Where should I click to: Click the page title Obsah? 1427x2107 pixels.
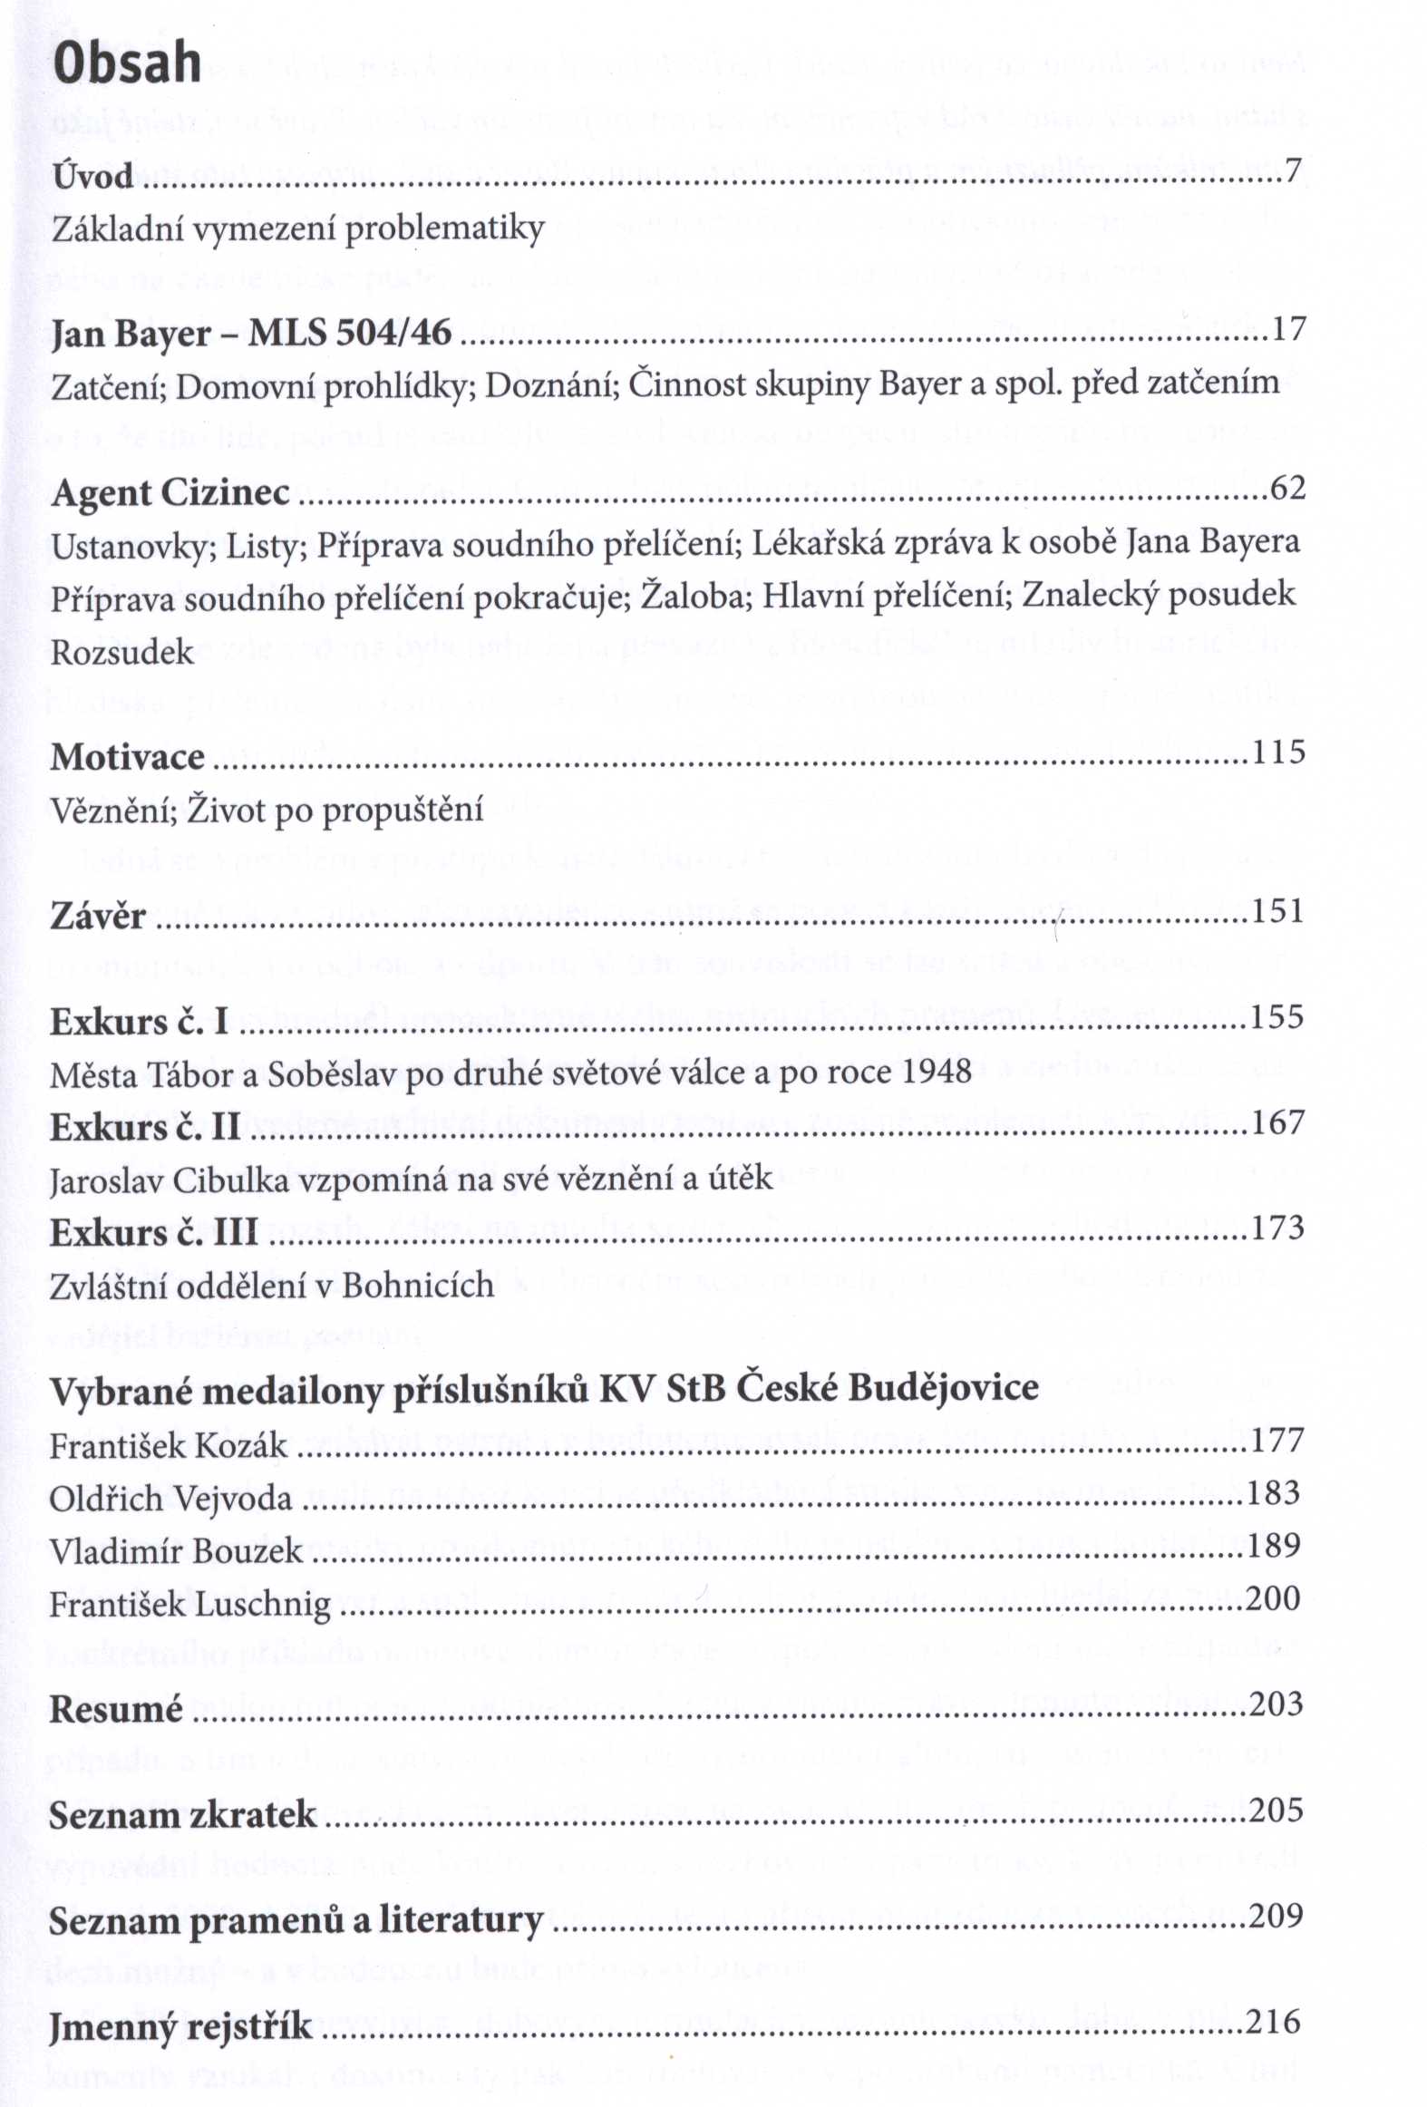pos(127,63)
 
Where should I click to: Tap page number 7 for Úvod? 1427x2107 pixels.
pos(1294,170)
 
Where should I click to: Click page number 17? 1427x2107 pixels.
pos(1287,329)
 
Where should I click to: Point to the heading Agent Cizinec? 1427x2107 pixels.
pos(170,493)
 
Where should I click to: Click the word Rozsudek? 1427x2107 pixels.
pos(122,652)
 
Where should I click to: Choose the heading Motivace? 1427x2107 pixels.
pos(128,757)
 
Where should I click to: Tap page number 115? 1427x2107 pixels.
pos(1278,752)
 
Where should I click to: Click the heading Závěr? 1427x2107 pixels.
pos(98,916)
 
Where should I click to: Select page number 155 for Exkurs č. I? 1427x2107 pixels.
pos(1277,1016)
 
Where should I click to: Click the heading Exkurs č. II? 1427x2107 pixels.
pos(145,1128)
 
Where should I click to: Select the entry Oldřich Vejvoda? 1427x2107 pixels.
pos(170,1499)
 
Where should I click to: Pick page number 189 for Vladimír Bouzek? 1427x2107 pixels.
pos(1275,1545)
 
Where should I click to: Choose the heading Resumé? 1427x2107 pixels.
pos(116,1710)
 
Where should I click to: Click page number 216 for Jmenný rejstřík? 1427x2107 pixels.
pos(1274,2022)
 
